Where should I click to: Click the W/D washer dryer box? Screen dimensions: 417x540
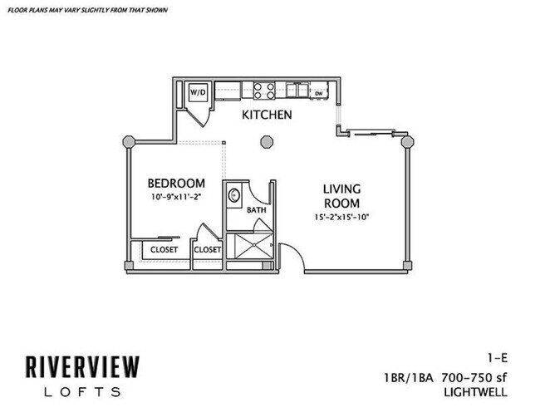[199, 91]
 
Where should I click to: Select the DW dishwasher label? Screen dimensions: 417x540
[318, 93]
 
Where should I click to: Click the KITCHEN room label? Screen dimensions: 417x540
[267, 115]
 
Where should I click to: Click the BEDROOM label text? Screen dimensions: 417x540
[176, 183]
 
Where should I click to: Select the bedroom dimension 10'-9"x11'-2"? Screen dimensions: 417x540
[176, 198]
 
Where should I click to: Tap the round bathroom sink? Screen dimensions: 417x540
[234, 197]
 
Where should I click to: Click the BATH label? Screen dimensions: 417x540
[256, 211]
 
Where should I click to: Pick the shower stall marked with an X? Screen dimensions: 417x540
[250, 247]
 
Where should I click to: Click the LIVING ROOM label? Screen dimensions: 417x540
[341, 197]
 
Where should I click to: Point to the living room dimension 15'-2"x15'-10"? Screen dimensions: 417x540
[341, 218]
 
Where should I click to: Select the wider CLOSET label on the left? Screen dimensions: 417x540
[164, 249]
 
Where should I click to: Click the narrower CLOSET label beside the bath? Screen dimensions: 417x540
[207, 249]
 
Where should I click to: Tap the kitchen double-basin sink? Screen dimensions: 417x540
[294, 90]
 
